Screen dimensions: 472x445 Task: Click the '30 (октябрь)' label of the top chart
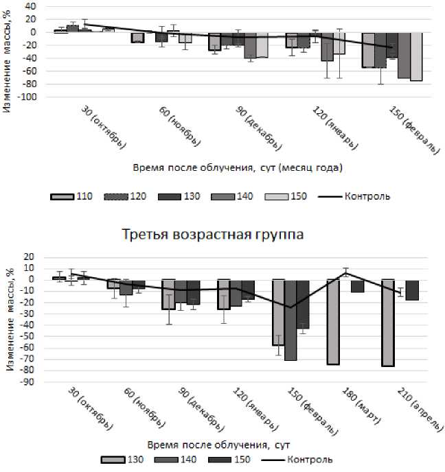click(x=104, y=126)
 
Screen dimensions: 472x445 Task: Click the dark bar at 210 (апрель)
click(x=412, y=290)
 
